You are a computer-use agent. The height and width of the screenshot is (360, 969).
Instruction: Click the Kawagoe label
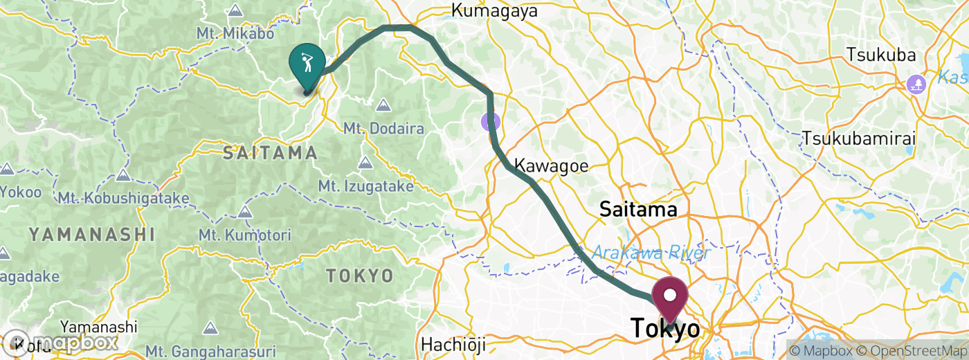[552, 166]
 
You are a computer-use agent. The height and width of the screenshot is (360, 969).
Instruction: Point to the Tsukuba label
[880, 55]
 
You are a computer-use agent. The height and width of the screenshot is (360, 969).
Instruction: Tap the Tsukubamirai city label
[859, 138]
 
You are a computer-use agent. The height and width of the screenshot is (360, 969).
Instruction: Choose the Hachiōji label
[453, 344]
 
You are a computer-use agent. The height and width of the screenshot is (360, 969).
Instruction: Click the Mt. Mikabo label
[235, 33]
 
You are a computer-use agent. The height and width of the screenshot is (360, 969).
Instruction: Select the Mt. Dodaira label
[383, 128]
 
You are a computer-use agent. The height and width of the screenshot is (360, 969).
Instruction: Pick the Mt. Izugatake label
[366, 186]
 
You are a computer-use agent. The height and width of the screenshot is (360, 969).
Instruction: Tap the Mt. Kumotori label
[244, 235]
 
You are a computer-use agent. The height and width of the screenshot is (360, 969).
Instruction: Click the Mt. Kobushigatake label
[123, 199]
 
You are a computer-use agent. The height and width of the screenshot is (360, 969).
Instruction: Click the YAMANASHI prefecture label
[91, 235]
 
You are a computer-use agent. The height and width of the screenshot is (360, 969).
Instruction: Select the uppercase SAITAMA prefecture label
[270, 154]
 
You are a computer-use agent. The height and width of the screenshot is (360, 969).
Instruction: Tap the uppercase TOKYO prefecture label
[360, 276]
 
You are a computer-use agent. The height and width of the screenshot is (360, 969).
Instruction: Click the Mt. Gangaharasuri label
[216, 351]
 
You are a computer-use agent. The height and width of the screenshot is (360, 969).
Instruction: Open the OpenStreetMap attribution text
[908, 351]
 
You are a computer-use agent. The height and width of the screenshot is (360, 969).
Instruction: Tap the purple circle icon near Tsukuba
[916, 84]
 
